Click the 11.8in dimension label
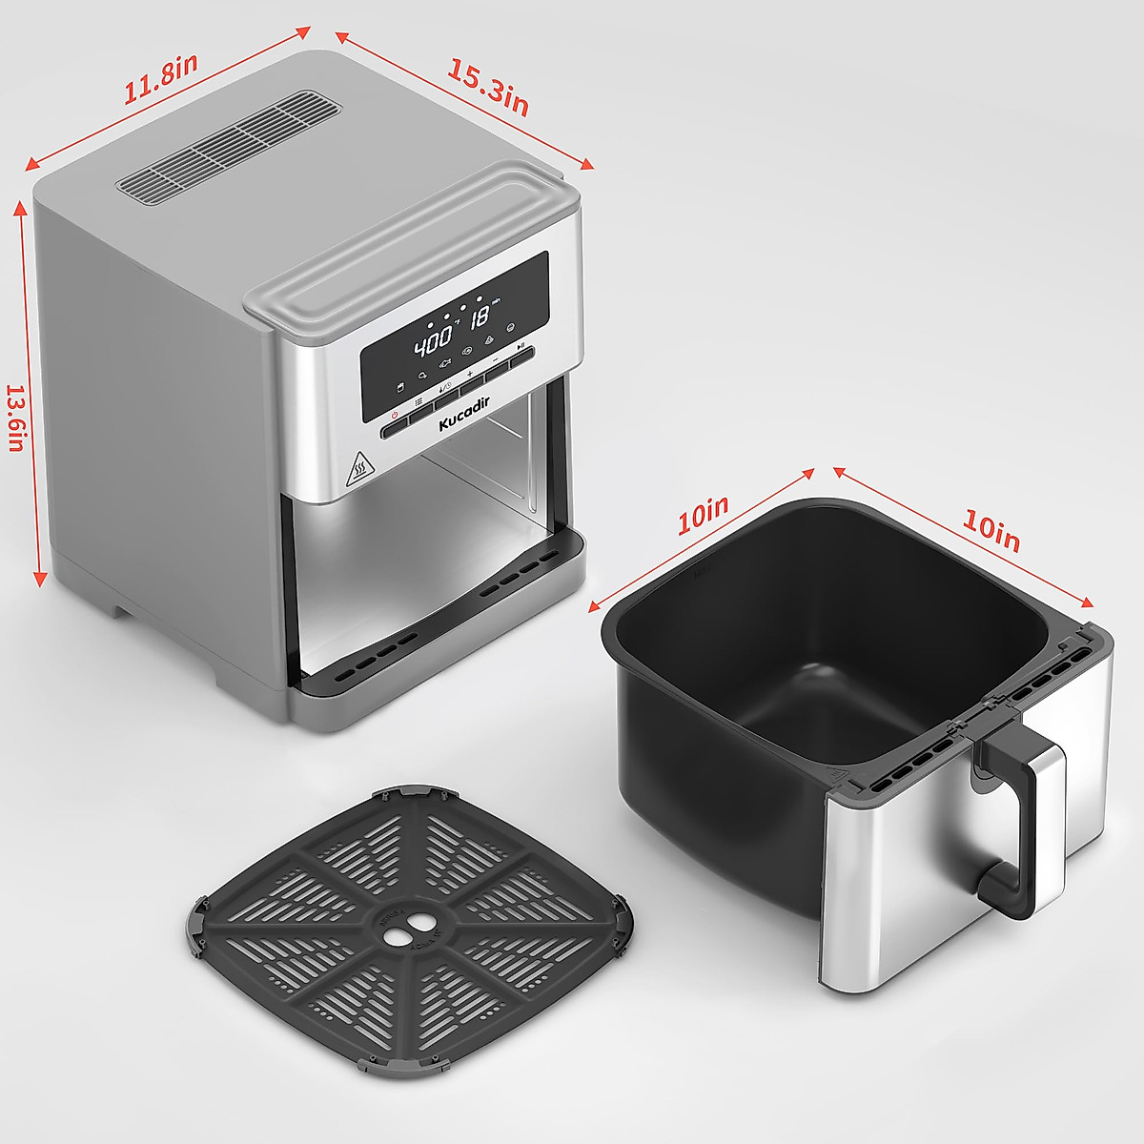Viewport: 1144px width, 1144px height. tap(160, 79)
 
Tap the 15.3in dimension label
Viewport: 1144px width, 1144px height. tap(487, 88)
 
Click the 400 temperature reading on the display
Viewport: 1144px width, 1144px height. tap(432, 342)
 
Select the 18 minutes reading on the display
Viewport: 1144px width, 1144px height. tap(480, 317)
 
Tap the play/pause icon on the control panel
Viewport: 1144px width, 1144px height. tap(521, 345)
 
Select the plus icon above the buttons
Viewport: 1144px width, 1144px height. tap(470, 374)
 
